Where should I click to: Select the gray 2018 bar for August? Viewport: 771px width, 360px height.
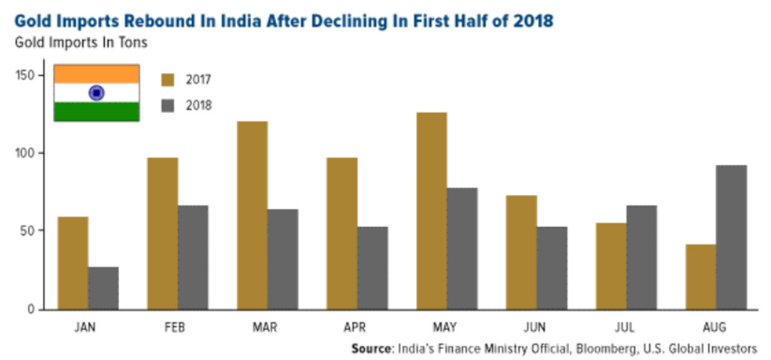pyautogui.click(x=731, y=237)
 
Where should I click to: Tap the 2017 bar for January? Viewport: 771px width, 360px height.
pyautogui.click(x=73, y=263)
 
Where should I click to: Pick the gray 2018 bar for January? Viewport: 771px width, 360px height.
pyautogui.click(x=103, y=288)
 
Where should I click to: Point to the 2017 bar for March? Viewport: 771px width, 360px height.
pyautogui.click(x=253, y=215)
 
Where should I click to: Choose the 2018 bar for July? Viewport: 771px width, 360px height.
pyautogui.click(x=641, y=257)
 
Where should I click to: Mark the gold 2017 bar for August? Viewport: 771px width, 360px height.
pyautogui.click(x=701, y=276)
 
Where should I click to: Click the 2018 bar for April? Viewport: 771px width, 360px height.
pyautogui.click(x=372, y=268)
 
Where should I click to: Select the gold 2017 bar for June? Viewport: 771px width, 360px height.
pyautogui.click(x=521, y=252)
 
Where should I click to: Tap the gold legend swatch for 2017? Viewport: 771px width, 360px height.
pyautogui.click(x=168, y=80)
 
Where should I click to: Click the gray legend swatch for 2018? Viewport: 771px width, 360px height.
pyautogui.click(x=168, y=105)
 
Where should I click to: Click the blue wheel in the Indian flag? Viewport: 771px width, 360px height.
pyautogui.click(x=96, y=93)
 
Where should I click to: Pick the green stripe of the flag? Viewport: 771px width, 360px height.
pyautogui.click(x=96, y=112)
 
